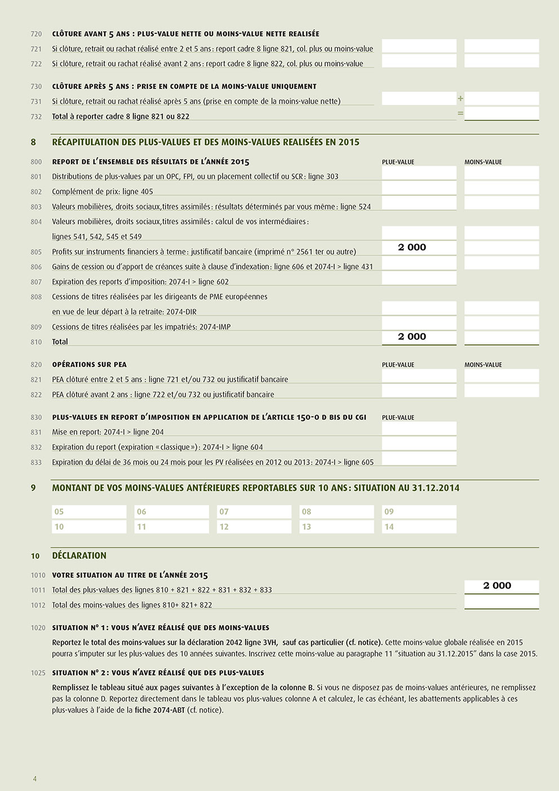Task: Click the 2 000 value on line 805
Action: coord(412,248)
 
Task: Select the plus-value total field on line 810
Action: coord(419,337)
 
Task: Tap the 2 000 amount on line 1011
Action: coord(497,586)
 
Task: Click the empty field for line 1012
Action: coord(502,602)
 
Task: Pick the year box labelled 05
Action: coord(89,511)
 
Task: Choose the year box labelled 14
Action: coord(419,527)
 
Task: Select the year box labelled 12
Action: coord(254,527)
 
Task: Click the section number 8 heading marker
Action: coord(33,142)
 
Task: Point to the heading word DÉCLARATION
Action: coord(79,555)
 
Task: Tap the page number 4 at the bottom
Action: coord(34,779)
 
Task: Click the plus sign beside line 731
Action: coord(460,99)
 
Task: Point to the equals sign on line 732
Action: coord(460,113)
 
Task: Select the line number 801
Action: coord(36,176)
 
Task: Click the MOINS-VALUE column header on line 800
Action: coord(483,162)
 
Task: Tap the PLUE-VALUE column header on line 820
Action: coord(398,365)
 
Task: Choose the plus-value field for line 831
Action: coord(419,429)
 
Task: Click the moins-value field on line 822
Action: coord(502,390)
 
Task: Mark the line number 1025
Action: coord(38,673)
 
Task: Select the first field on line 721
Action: coord(419,46)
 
